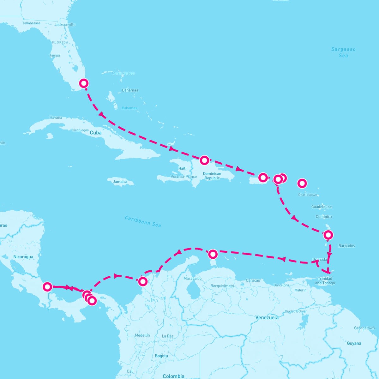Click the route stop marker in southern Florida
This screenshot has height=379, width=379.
pos(84,83)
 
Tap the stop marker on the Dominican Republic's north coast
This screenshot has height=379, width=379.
pos(204,160)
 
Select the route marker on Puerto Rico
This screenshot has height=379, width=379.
pos(263,177)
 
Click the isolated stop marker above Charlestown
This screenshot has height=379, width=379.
pos(302,183)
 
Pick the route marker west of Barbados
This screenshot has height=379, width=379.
pos(328,235)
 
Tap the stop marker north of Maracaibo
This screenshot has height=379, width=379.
pos(213,254)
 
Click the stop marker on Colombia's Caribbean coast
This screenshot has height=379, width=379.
pos(143,281)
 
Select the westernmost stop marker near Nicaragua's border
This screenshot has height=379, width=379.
pos(47,287)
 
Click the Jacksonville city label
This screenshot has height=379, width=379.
pos(65,25)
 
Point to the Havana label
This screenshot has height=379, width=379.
pos(56,117)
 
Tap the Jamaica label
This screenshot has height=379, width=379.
pos(120,182)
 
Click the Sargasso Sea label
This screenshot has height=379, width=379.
pos(343,52)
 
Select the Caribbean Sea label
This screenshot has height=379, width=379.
pos(143,221)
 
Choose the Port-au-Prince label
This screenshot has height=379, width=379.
pos(183,177)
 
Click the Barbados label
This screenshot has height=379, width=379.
pos(346,246)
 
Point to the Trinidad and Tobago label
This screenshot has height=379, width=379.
pos(325,281)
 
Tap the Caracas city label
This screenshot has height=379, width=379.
pos(253,280)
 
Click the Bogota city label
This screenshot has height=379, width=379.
pos(161,356)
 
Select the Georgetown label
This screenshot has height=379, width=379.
pos(364,328)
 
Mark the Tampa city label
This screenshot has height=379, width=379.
pos(55,55)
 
